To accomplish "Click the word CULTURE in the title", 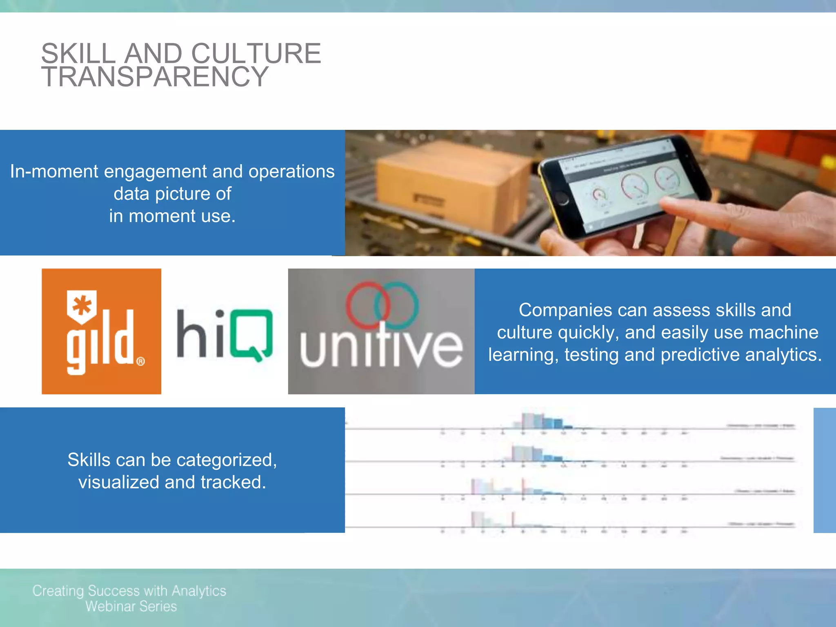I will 256,53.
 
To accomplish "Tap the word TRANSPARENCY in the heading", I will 155,77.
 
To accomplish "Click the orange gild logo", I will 101,331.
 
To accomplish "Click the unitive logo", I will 381,331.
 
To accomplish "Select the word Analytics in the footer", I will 199,591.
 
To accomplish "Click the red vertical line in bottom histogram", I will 513,519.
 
